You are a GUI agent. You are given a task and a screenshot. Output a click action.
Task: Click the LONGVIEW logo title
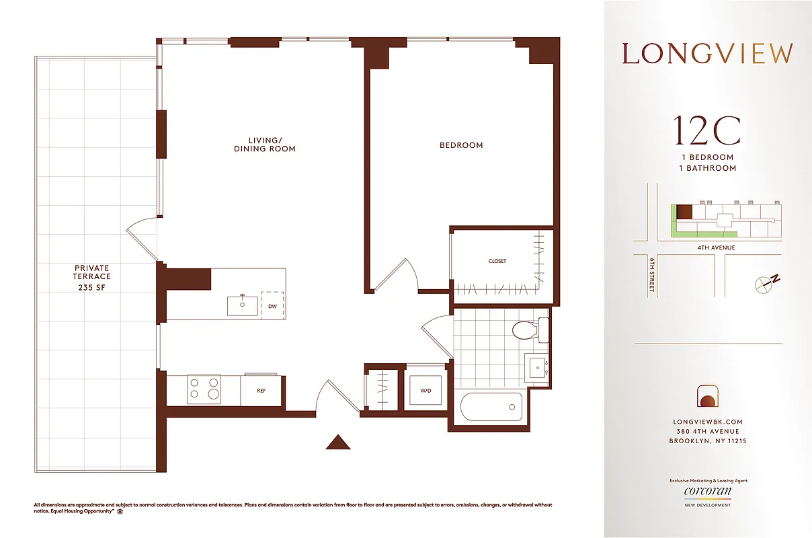707,54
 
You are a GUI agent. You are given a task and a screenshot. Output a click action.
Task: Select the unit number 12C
707,131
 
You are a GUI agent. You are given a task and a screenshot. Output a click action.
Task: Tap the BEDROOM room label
461,145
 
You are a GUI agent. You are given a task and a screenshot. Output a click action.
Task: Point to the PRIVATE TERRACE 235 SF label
92,277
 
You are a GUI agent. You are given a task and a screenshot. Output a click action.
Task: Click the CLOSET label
497,261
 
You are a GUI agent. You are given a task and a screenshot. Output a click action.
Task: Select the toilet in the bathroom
528,330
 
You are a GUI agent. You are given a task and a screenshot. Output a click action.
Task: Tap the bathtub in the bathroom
491,407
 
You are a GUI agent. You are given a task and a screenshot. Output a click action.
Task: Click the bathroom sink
538,368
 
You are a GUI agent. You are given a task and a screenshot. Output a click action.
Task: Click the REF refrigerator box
261,390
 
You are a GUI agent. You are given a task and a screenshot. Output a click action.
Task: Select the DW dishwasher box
272,306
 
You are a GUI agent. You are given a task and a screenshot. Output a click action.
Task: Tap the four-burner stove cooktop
204,389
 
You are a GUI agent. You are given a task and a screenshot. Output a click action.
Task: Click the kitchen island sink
241,305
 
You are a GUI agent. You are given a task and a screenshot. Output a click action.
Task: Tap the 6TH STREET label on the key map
652,276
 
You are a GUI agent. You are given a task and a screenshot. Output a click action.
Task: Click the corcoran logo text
708,491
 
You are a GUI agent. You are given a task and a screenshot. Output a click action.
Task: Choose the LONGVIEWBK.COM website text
707,422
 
